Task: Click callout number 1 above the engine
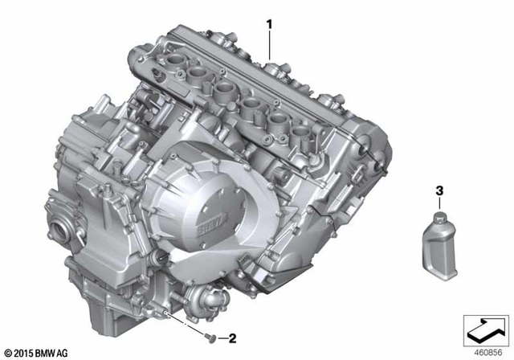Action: (270, 25)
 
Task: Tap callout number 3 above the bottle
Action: (439, 191)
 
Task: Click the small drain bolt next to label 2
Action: (207, 335)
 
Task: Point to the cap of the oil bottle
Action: (440, 219)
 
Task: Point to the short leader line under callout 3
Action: (439, 203)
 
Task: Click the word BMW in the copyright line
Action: (47, 352)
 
